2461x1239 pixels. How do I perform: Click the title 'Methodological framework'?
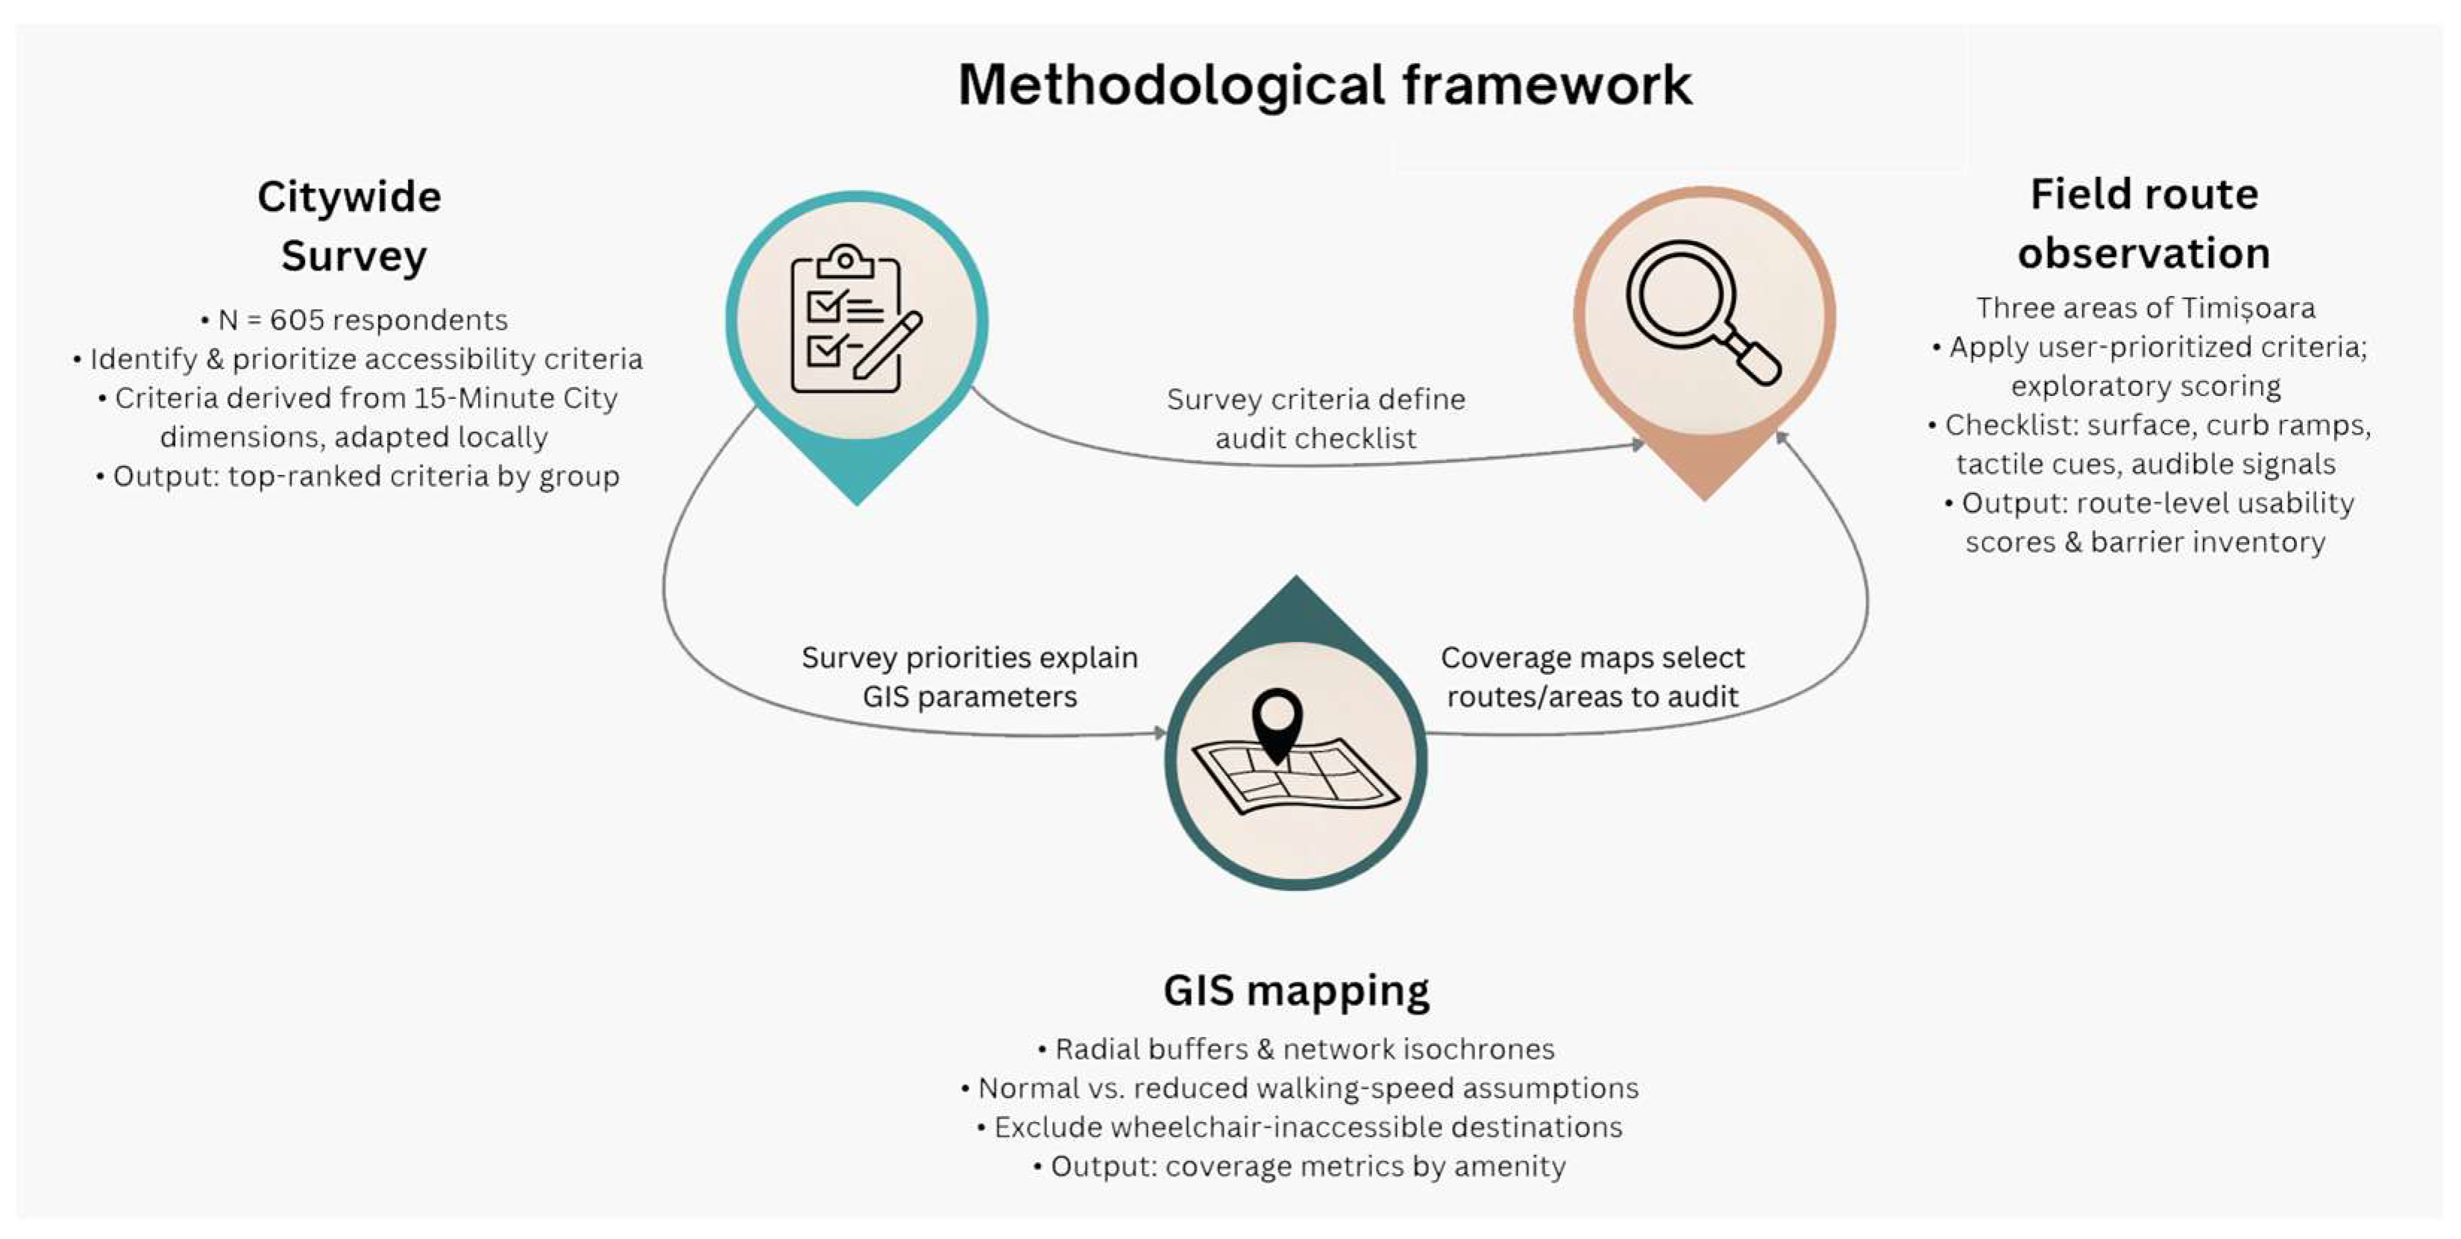click(1324, 85)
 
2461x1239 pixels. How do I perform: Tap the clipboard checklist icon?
click(846, 320)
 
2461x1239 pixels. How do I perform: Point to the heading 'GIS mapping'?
click(1295, 991)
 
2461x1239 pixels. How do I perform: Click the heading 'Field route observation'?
click(2144, 224)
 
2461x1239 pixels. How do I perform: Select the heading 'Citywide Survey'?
click(351, 227)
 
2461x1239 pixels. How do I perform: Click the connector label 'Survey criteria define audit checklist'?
click(1316, 418)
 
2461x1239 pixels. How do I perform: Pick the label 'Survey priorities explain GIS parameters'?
click(969, 676)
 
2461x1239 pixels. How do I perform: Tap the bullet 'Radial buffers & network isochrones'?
click(1295, 1049)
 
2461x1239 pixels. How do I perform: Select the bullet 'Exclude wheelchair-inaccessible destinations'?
click(1299, 1127)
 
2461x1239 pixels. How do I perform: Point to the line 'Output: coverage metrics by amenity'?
click(1299, 1167)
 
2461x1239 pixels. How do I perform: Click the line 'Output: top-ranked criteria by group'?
click(357, 476)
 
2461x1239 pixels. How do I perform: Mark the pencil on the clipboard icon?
click(888, 344)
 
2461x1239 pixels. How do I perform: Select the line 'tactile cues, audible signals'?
click(2146, 464)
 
